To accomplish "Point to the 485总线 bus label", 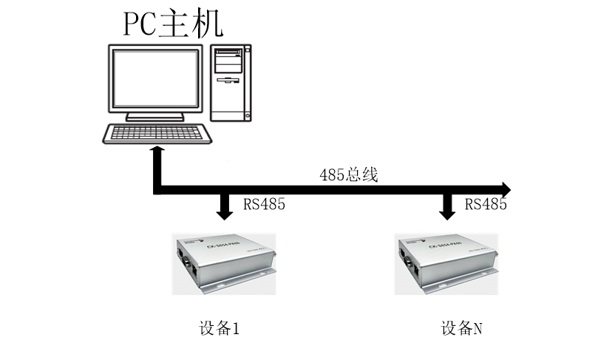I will pyautogui.click(x=349, y=175).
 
